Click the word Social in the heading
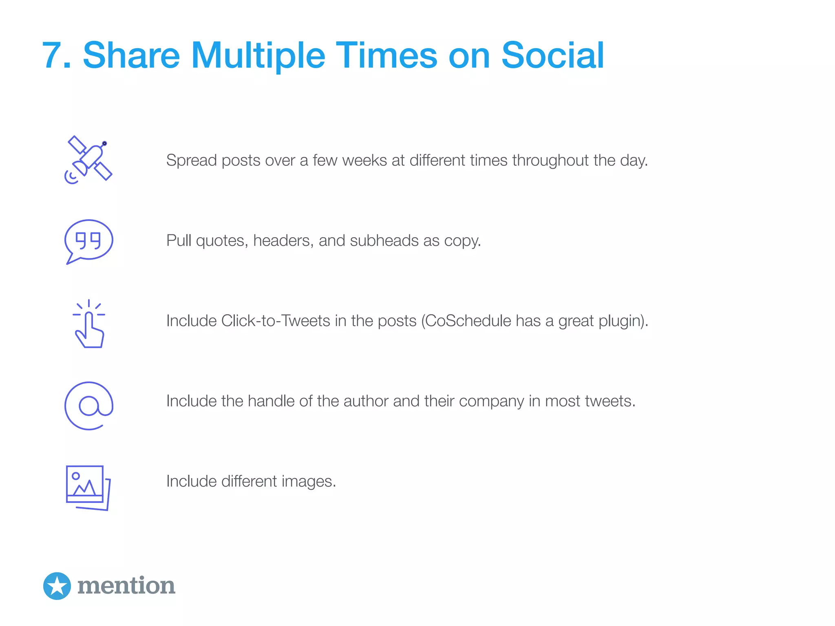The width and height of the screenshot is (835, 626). tap(552, 55)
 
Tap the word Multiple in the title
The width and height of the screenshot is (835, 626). tap(258, 55)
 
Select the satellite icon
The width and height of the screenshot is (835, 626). tap(88, 160)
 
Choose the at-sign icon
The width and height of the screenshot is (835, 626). tap(89, 406)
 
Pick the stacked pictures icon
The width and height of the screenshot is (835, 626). tap(88, 487)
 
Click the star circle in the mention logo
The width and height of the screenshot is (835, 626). tap(57, 586)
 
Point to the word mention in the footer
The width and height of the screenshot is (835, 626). tap(126, 586)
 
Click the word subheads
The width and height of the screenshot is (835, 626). tap(384, 241)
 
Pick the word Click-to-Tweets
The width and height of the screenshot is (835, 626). tap(276, 321)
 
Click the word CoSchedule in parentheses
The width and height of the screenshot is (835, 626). tap(468, 321)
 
